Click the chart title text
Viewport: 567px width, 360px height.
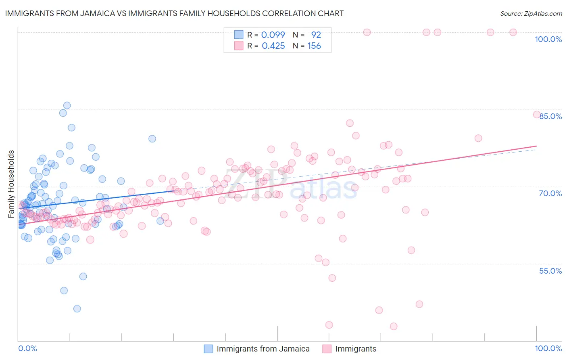pyautogui.click(x=174, y=13)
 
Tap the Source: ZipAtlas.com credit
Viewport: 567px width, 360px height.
pyautogui.click(x=531, y=13)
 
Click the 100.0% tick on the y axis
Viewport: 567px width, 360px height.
pyautogui.click(x=548, y=39)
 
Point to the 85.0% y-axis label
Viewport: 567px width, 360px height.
pyautogui.click(x=550, y=116)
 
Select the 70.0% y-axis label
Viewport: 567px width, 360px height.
pyautogui.click(x=550, y=193)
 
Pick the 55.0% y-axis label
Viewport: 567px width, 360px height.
pyautogui.click(x=550, y=271)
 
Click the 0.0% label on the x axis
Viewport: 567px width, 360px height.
pyautogui.click(x=27, y=348)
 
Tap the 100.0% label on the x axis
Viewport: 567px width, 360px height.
pyautogui.click(x=548, y=348)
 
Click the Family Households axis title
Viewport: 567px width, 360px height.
pyautogui.click(x=11, y=184)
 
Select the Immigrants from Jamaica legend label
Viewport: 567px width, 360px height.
pyautogui.click(x=263, y=349)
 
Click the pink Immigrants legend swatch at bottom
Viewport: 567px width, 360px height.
pyautogui.click(x=327, y=349)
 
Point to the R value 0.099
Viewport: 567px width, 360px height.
pyautogui.click(x=273, y=35)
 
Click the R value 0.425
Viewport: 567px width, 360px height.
pyautogui.click(x=273, y=46)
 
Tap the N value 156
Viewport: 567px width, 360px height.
pyautogui.click(x=314, y=46)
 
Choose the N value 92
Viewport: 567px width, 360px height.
pyautogui.click(x=316, y=35)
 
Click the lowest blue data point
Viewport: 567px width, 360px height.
pyautogui.click(x=77, y=309)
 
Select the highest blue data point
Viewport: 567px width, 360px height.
pyautogui.click(x=67, y=105)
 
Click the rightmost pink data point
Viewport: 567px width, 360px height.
pyautogui.click(x=537, y=114)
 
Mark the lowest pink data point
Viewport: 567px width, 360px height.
pyautogui.click(x=394, y=326)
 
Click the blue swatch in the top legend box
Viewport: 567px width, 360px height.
pyautogui.click(x=239, y=35)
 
